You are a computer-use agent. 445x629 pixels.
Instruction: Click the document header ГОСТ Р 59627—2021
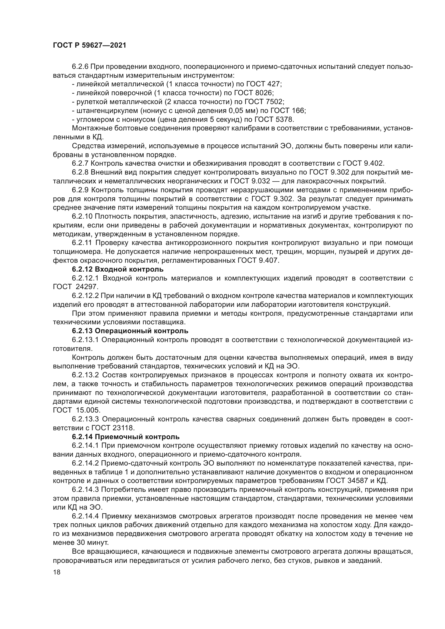(89, 45)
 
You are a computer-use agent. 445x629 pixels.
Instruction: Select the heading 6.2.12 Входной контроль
(118, 269)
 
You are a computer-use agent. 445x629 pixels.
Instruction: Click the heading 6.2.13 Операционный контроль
(130, 331)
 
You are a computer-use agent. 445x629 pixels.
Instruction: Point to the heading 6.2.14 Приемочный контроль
(126, 437)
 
